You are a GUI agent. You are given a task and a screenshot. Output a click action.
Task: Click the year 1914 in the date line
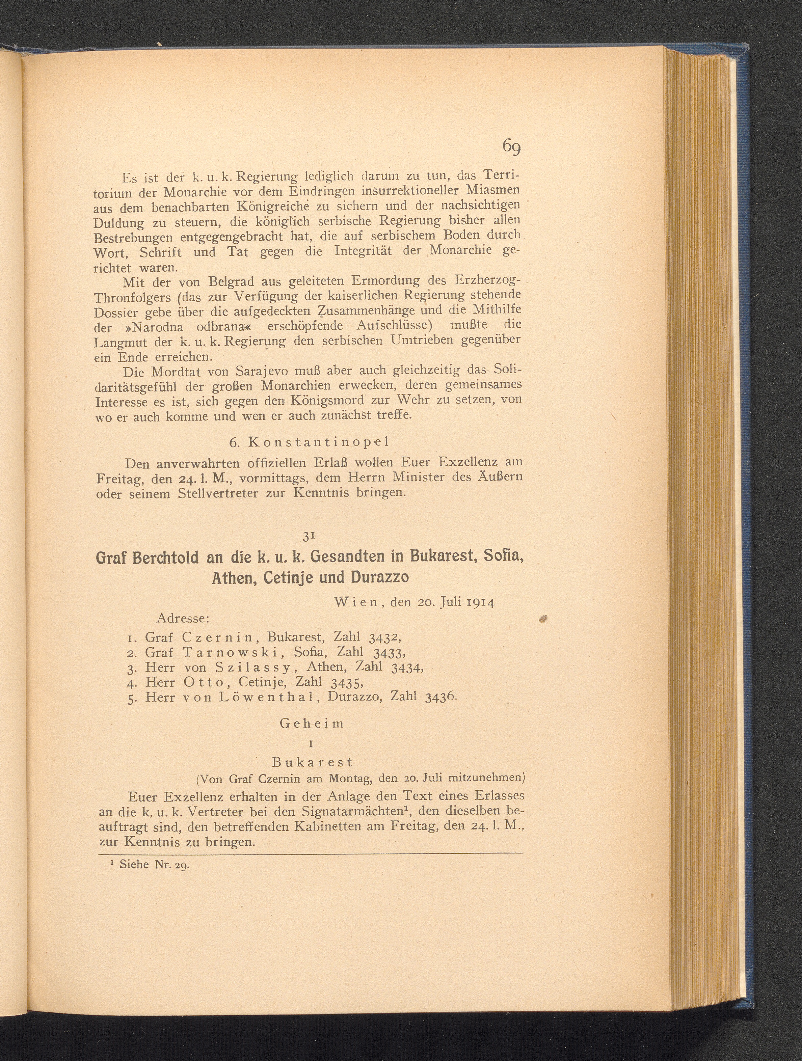coord(476,602)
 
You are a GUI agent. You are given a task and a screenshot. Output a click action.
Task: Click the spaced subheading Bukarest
coord(312,762)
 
